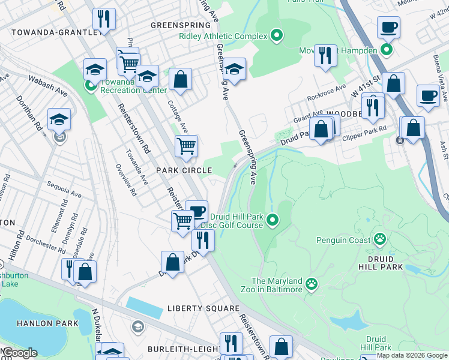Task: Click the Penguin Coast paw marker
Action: (379, 240)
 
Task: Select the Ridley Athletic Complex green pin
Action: (276, 36)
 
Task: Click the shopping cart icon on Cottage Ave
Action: (186, 145)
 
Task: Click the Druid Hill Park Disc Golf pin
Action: (273, 221)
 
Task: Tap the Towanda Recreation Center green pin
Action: (91, 86)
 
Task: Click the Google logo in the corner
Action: (20, 353)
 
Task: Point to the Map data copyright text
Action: (412, 355)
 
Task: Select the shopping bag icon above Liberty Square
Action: (172, 262)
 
